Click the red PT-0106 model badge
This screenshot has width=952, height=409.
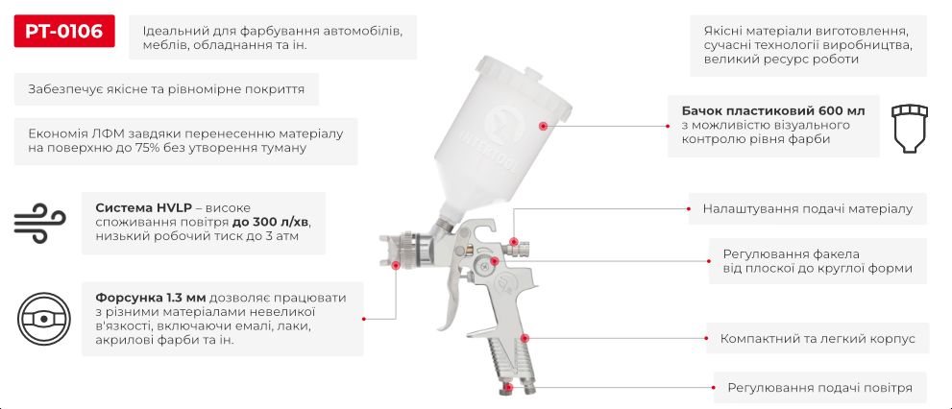(x=64, y=32)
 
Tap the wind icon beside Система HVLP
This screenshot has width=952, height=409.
(x=39, y=223)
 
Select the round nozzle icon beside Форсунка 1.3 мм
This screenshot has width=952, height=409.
(x=45, y=319)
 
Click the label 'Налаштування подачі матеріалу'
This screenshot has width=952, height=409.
(x=807, y=207)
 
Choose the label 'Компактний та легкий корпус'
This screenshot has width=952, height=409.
(x=818, y=338)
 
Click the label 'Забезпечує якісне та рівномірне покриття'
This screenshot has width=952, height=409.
(x=166, y=89)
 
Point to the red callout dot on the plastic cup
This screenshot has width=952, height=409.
(x=543, y=126)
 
